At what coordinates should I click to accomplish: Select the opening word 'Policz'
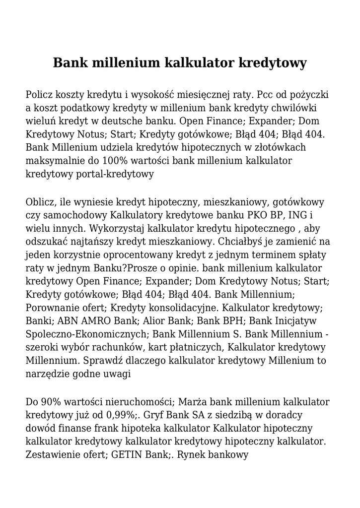tap(40, 94)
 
